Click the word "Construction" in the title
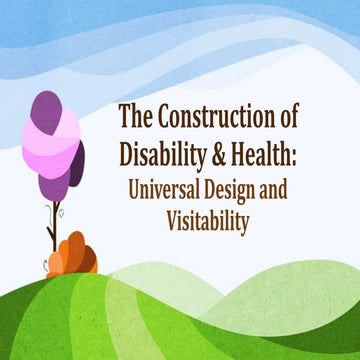(219, 118)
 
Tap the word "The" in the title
(135, 118)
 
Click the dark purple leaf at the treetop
(46, 107)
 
